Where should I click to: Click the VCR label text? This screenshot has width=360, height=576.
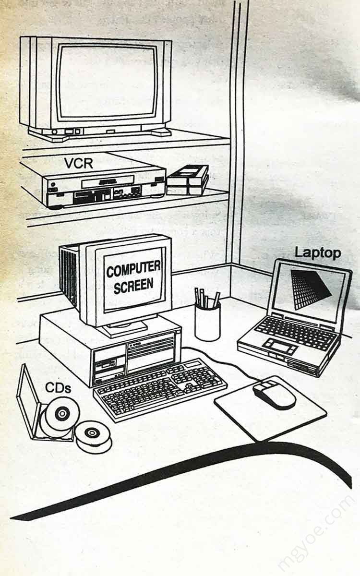tap(78, 163)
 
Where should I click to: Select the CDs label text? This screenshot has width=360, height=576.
tap(58, 387)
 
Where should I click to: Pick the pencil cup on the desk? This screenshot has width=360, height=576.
tap(207, 322)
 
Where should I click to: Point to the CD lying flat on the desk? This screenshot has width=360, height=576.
tap(93, 435)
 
